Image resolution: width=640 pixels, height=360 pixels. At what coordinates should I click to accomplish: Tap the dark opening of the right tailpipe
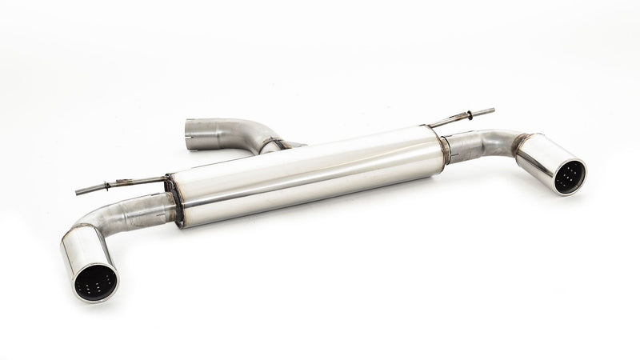click(570, 176)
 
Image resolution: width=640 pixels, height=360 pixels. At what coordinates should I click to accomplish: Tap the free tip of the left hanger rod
click(78, 192)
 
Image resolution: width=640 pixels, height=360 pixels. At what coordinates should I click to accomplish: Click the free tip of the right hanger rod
click(491, 110)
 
